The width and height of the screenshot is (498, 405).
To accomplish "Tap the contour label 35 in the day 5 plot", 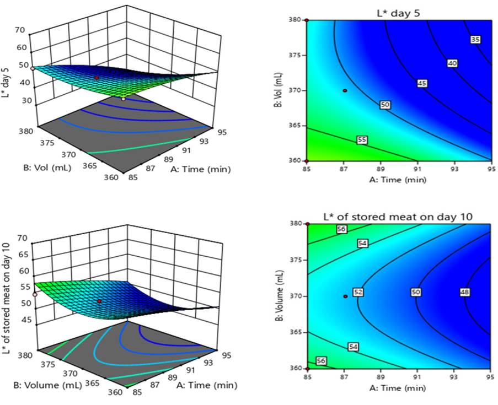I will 475,39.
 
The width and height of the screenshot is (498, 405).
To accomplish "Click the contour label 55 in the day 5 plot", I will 362,141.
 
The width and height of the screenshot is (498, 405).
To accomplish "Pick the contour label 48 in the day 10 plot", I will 464,292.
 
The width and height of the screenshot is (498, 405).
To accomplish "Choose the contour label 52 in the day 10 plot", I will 358,292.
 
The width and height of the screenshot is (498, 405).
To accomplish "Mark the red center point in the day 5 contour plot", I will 345,90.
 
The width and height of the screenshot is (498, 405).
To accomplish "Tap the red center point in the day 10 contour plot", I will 345,296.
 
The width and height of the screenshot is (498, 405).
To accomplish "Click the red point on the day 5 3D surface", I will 97,78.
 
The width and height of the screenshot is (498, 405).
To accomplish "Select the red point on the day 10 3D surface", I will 99,301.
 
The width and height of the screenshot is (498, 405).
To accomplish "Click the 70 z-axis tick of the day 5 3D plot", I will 21,30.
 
